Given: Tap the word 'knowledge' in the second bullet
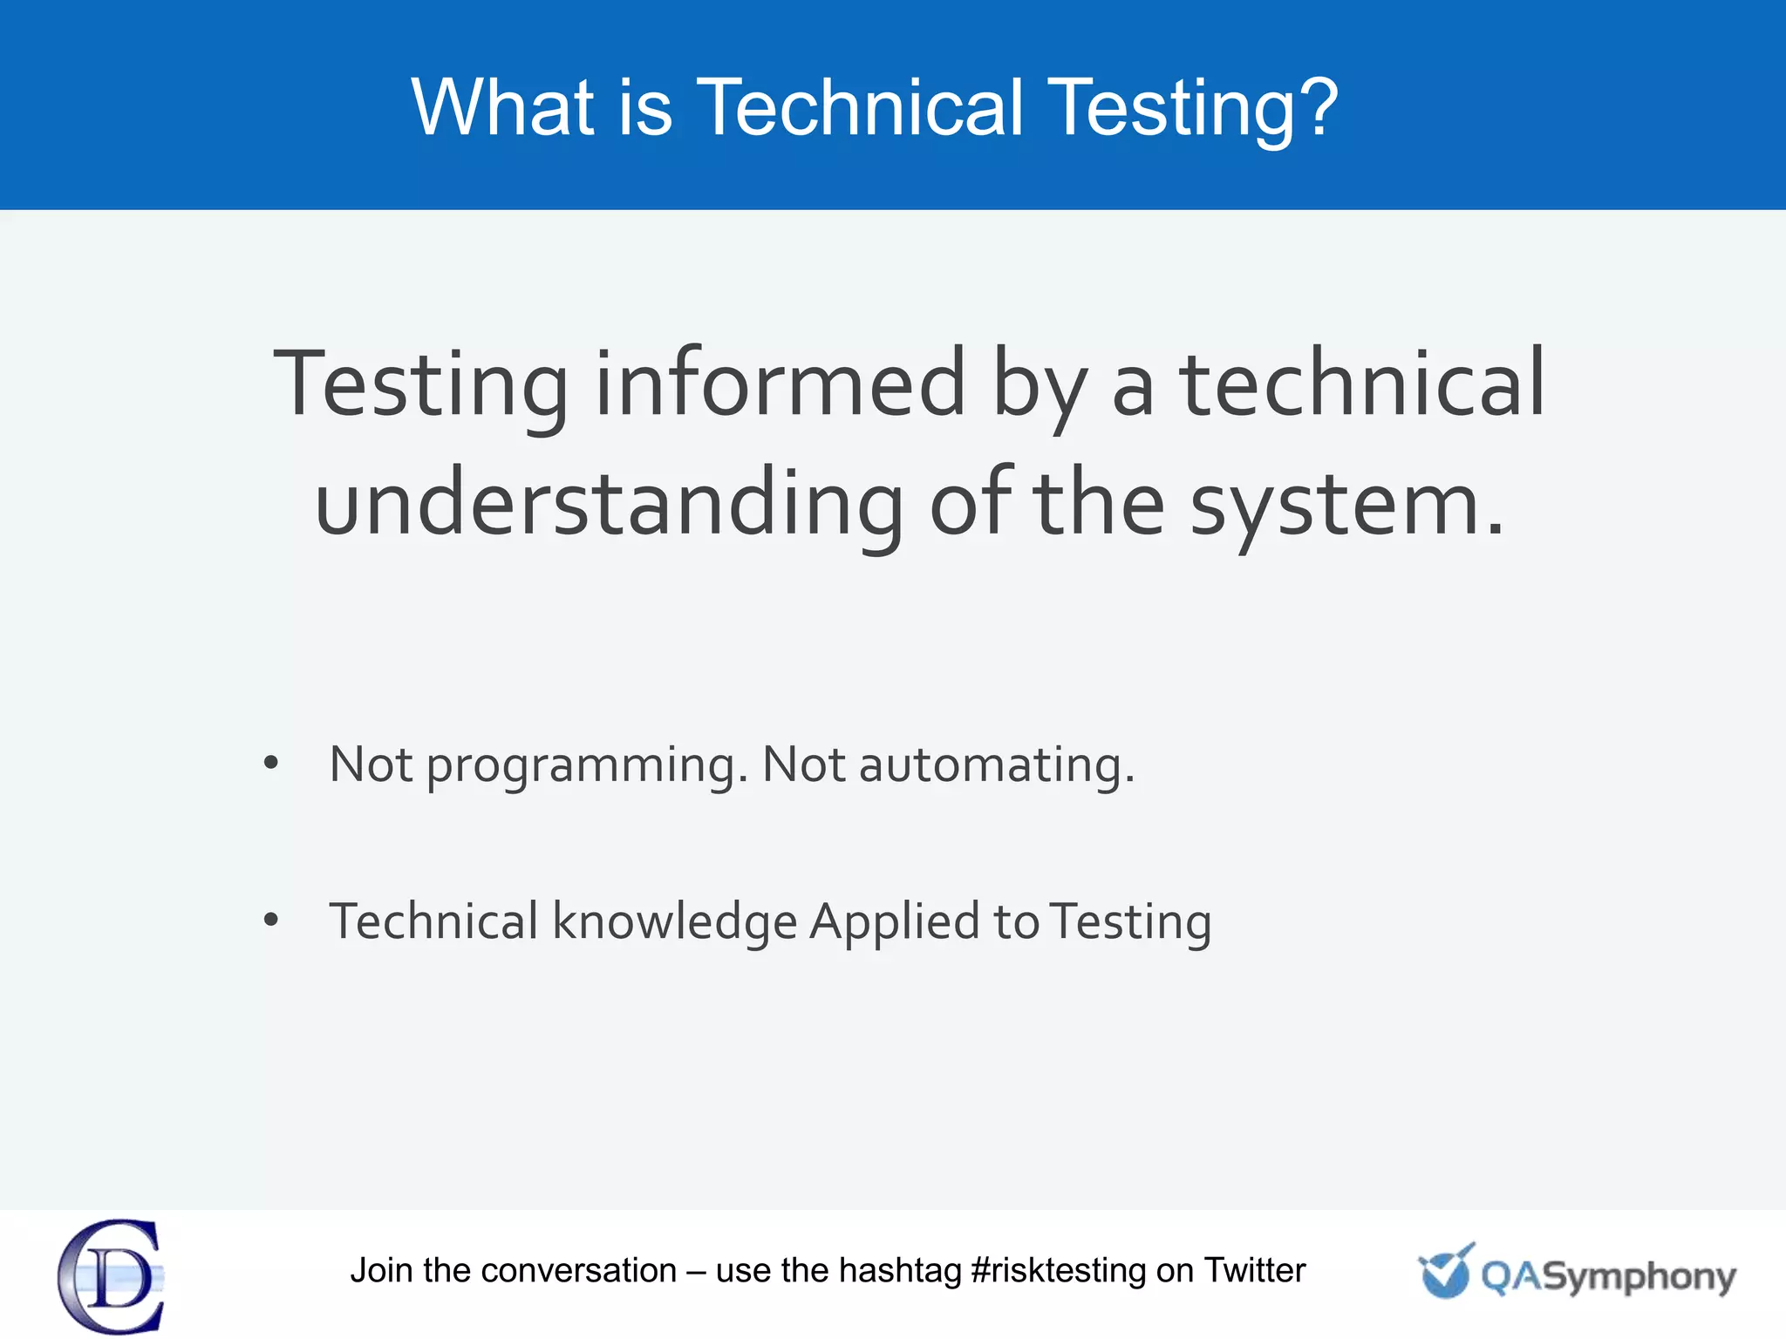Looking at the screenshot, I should tap(675, 922).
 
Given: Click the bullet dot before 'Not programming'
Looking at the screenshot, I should tap(271, 764).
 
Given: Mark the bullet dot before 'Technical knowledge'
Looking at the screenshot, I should tap(271, 920).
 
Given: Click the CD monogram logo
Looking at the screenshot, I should tap(112, 1276).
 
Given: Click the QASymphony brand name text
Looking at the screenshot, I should tap(1608, 1278).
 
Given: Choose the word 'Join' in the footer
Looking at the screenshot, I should tap(381, 1271).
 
